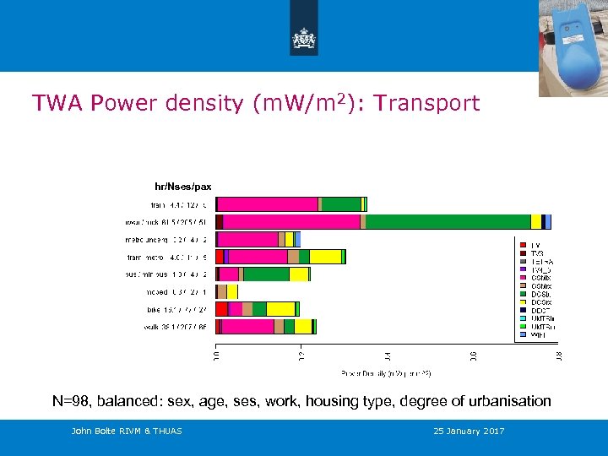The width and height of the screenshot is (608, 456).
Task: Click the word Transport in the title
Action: click(426, 103)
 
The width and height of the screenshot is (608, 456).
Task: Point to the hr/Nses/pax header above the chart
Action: click(182, 187)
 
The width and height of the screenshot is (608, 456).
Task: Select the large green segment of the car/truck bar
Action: click(448, 221)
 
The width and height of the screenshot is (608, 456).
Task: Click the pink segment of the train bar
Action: click(268, 204)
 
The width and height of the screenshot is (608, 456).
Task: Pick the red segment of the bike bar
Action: click(222, 309)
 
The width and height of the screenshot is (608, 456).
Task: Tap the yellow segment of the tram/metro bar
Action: click(325, 257)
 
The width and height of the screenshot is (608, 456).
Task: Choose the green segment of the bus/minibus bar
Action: click(266, 274)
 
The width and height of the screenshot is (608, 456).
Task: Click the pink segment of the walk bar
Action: click(247, 327)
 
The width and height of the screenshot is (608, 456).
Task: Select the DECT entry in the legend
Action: click(539, 310)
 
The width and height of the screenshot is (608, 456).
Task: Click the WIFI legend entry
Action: click(539, 334)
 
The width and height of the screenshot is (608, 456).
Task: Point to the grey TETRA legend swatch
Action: click(523, 262)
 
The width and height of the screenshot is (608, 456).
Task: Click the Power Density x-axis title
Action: click(386, 372)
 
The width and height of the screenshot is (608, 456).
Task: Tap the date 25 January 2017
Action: click(469, 432)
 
